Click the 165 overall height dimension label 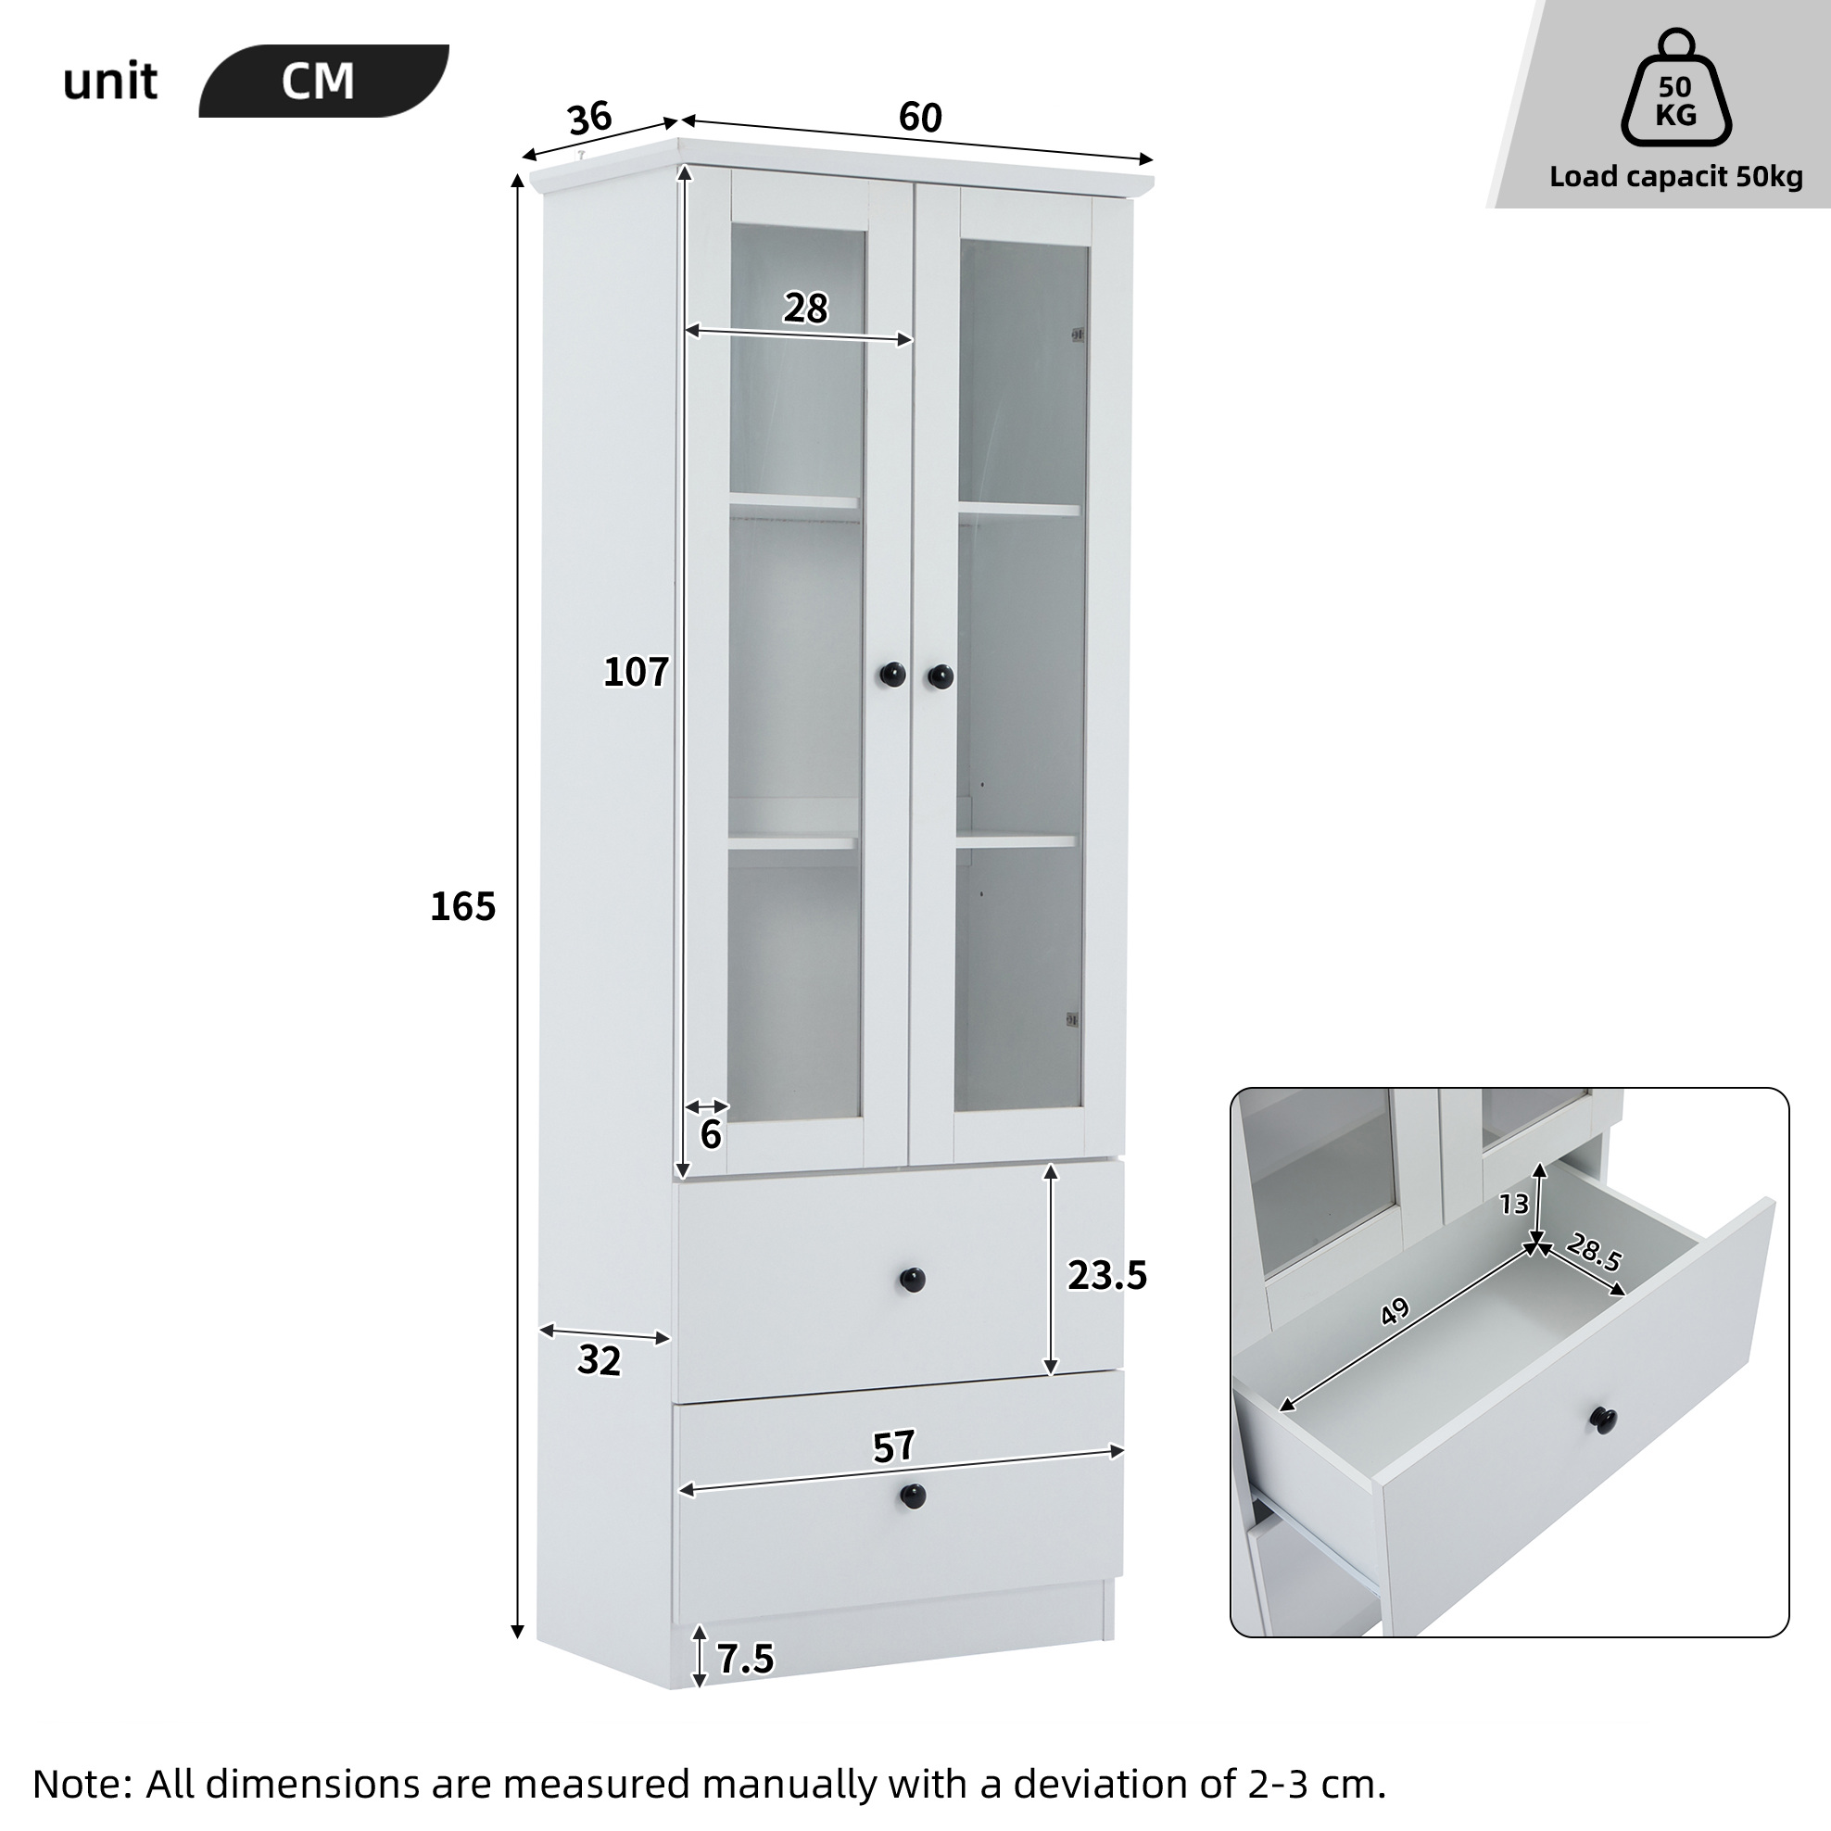point(462,907)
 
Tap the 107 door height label point(636,672)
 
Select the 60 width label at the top point(920,118)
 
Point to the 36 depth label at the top point(590,119)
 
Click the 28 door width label point(805,308)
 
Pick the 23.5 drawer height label point(1107,1276)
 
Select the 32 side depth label point(599,1361)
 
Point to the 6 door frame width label point(711,1134)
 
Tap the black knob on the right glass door point(941,676)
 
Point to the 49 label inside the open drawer point(1395,1312)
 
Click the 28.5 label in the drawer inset point(1594,1252)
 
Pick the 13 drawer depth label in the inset point(1514,1204)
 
